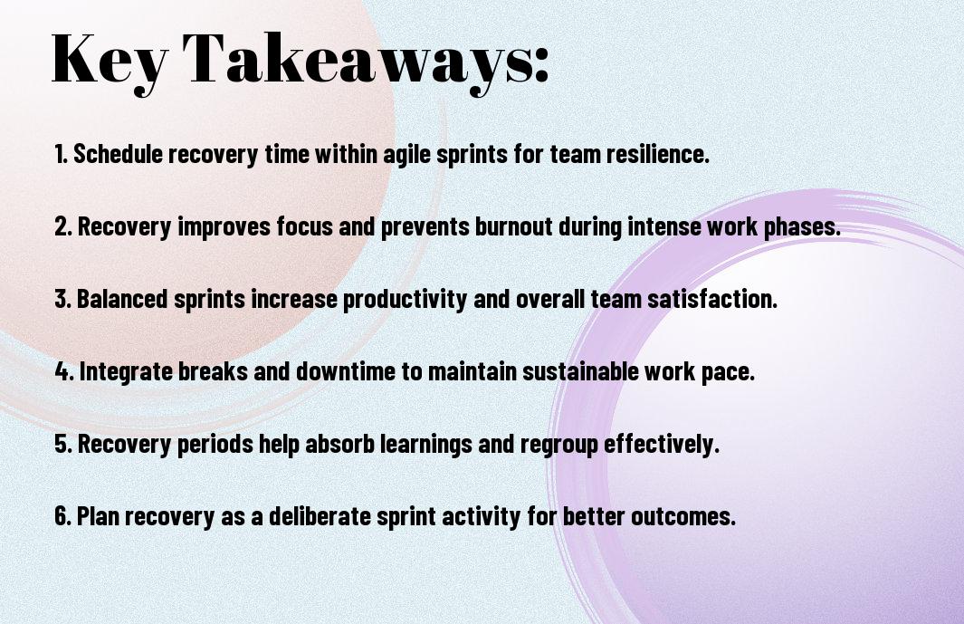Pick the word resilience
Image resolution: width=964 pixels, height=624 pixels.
coord(658,154)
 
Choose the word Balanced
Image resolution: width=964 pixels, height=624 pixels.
coord(121,299)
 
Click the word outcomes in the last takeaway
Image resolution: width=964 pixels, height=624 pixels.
coord(683,516)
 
